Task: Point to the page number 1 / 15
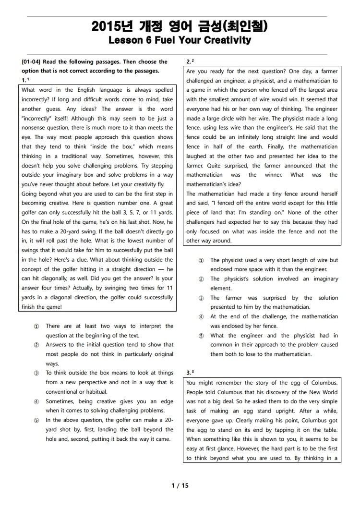180,485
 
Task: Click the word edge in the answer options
166,401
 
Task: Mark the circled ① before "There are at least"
36,326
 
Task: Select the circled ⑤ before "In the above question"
36,420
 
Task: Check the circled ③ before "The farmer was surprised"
201,298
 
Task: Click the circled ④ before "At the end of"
201,317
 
